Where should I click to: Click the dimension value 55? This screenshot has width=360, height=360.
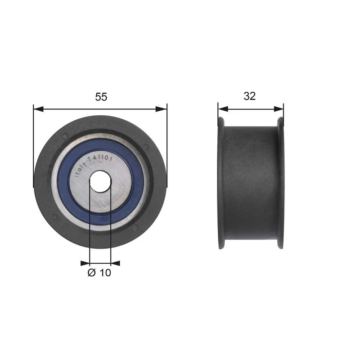pyautogui.click(x=101, y=97)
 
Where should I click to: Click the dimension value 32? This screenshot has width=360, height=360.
pyautogui.click(x=250, y=96)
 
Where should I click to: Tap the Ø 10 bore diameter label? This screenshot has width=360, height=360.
pyautogui.click(x=99, y=273)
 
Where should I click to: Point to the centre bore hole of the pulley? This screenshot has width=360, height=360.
pyautogui.click(x=100, y=181)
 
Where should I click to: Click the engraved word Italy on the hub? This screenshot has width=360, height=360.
pyautogui.click(x=81, y=170)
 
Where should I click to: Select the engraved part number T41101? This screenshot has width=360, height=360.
pyautogui.click(x=100, y=158)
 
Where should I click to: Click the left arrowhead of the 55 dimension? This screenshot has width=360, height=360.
pyautogui.click(x=38, y=109)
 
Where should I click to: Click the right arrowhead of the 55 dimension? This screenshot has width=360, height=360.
pyautogui.click(x=162, y=109)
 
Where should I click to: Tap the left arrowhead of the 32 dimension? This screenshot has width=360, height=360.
pyautogui.click(x=223, y=109)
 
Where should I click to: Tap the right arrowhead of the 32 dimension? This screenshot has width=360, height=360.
pyautogui.click(x=279, y=109)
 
